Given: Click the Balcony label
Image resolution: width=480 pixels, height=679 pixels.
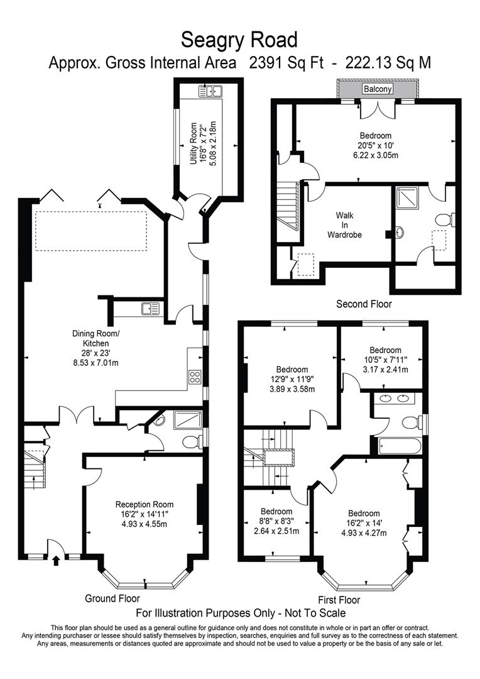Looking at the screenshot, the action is tap(378, 89).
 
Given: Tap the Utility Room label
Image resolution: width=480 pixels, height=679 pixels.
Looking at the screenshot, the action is tap(194, 143).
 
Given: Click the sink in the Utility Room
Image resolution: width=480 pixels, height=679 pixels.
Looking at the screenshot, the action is tap(210, 91).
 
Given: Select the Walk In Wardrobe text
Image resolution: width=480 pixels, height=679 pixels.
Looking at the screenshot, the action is tap(344, 225).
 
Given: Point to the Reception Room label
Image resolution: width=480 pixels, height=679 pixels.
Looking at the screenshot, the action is tap(144, 504).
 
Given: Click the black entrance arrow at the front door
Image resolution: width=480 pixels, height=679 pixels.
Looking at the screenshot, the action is tap(56, 561).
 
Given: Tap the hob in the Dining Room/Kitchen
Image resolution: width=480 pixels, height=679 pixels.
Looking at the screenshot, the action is tap(195, 377).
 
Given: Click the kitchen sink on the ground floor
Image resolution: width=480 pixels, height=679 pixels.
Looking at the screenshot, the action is tap(150, 308).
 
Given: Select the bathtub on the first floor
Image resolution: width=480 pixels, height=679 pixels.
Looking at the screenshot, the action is tap(399, 446).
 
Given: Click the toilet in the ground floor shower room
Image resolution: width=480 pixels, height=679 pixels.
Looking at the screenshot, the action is tap(191, 442).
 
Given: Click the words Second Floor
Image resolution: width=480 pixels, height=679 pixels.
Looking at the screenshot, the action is tap(364, 304).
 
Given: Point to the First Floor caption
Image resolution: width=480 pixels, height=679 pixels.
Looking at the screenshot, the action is tap(339, 600).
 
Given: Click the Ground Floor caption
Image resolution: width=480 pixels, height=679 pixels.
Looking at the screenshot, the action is tap(112, 599).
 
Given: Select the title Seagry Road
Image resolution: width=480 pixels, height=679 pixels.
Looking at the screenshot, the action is tap(239, 40).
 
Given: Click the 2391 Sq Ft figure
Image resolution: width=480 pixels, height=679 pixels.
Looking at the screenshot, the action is tap(286, 63).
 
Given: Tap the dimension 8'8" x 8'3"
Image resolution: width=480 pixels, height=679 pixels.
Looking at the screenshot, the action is tap(276, 521).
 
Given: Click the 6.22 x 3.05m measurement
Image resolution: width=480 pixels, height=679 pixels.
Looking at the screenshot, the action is tap(376, 155).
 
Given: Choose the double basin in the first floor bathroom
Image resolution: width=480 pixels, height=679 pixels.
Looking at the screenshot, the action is tap(396, 398).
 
